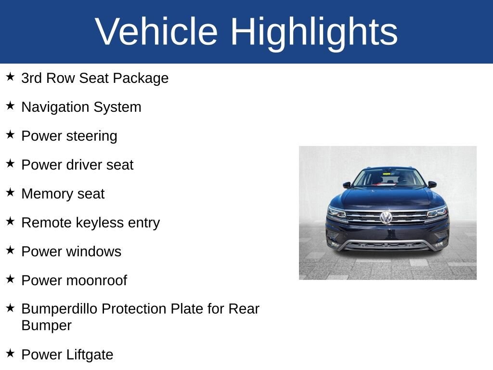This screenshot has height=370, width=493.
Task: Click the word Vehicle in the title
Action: tap(156, 32)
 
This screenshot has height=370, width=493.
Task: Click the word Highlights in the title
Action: tap(314, 32)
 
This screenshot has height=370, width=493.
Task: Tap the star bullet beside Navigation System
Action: tap(11, 106)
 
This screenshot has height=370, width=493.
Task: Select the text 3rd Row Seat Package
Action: tap(95, 78)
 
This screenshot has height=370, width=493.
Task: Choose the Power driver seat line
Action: tap(77, 165)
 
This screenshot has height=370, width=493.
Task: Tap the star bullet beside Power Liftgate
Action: tap(11, 353)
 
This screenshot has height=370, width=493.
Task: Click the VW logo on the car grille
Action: tap(386, 217)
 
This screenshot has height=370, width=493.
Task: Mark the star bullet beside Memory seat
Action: tap(11, 193)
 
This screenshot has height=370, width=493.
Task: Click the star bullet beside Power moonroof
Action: tap(11, 279)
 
